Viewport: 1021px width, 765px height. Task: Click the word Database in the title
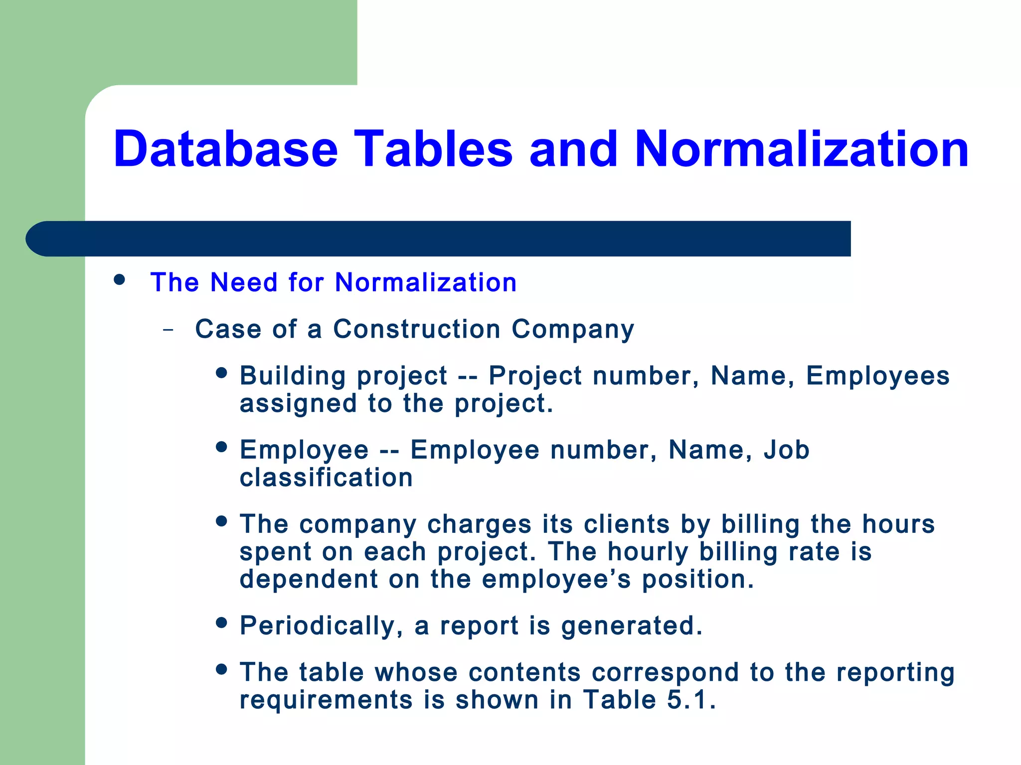(226, 149)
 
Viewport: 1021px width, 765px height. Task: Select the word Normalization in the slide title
(801, 149)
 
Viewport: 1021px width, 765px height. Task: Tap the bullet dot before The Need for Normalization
(119, 280)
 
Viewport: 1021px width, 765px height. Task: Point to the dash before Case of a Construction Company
(169, 330)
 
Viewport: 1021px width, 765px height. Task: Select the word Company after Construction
(573, 330)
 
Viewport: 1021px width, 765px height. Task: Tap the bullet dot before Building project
(222, 373)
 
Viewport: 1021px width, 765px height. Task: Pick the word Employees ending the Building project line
(877, 376)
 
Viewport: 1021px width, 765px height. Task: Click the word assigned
(298, 403)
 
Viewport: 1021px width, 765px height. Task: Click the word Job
(786, 450)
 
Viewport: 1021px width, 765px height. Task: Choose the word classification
(326, 478)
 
